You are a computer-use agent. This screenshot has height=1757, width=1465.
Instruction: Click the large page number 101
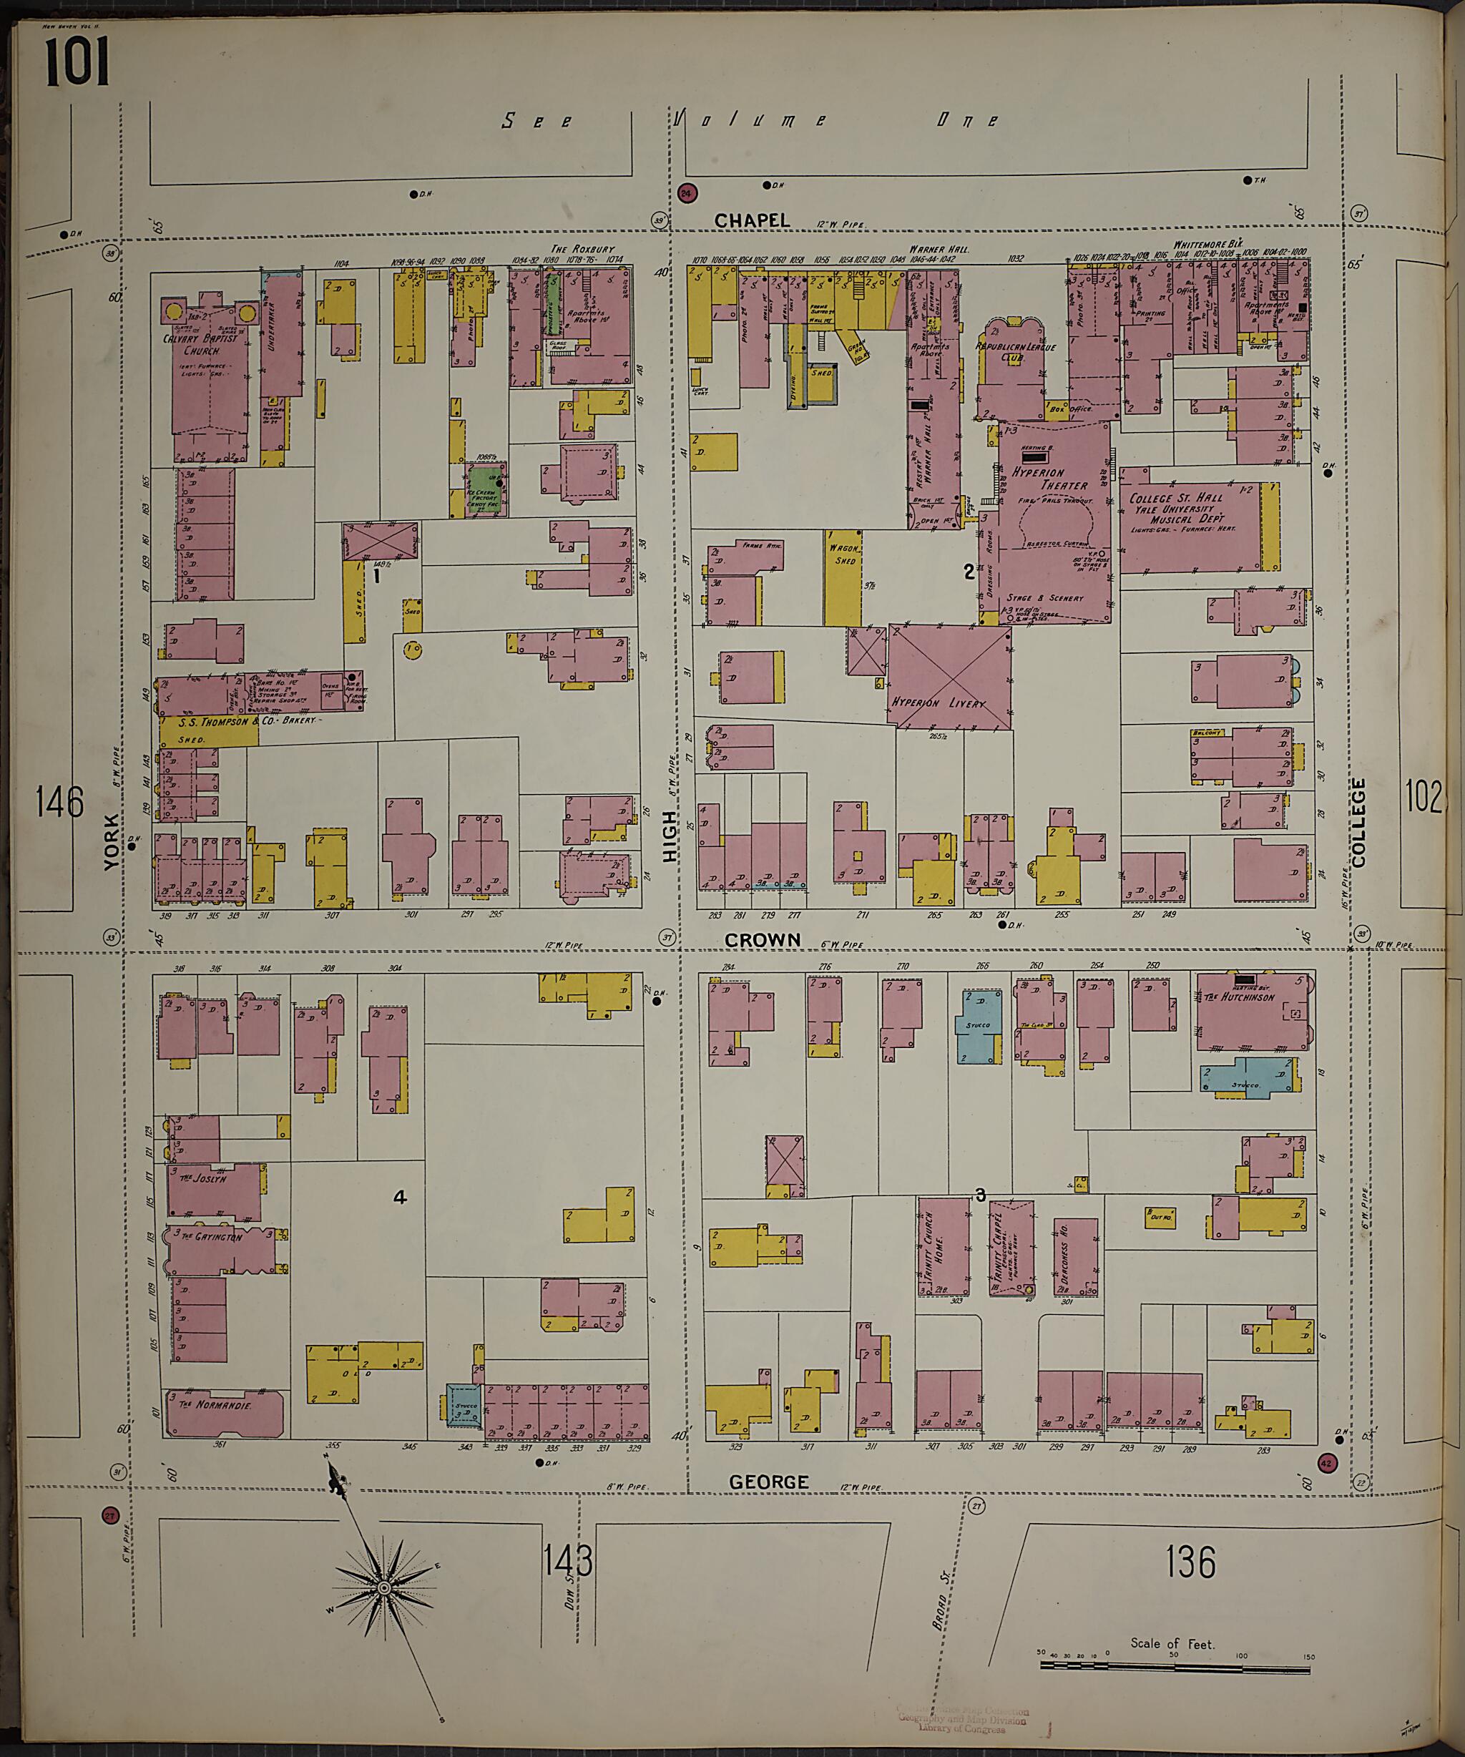(x=77, y=64)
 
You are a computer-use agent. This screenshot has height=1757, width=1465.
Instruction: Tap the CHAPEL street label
(x=751, y=220)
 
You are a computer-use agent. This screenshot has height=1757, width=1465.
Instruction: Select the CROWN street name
(x=763, y=939)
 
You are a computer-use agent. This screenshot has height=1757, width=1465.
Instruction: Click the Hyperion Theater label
(x=1050, y=479)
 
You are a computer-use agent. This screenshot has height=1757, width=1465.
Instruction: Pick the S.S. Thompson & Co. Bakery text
(x=248, y=721)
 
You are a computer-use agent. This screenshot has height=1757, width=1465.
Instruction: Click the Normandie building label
(x=222, y=1406)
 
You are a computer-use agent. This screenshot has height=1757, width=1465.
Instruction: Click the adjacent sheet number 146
(x=60, y=803)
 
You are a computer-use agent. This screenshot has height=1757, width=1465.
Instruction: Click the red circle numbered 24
(x=687, y=193)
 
